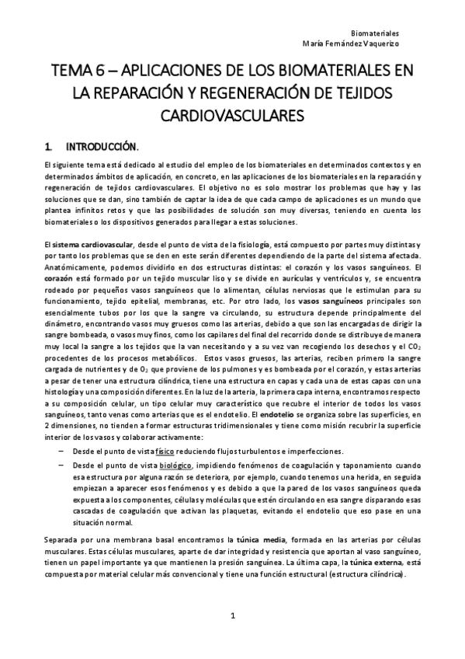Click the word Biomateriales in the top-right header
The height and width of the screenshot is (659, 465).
click(x=397, y=34)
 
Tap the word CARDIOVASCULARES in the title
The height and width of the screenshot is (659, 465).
click(x=232, y=116)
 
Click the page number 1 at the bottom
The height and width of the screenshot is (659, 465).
click(x=232, y=615)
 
